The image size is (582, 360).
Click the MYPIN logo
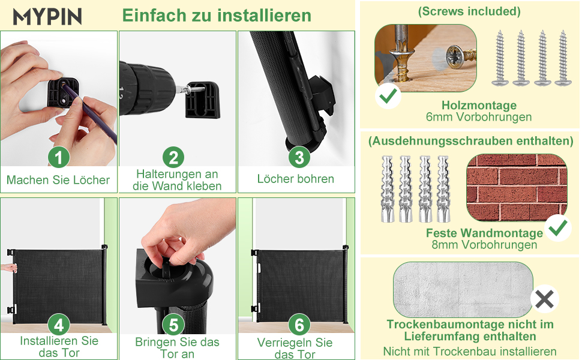[x=47, y=16]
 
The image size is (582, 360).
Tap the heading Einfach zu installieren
[x=217, y=16]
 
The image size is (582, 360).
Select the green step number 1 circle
[x=59, y=157]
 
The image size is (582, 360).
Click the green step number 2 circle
[x=173, y=157]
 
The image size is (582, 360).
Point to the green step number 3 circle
[x=299, y=157]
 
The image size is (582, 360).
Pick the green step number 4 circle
[x=59, y=325]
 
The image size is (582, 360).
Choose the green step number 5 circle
[x=173, y=325]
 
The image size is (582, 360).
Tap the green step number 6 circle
[x=299, y=325]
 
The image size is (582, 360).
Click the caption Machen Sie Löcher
[x=58, y=180]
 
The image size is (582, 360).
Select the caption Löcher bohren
[x=296, y=179]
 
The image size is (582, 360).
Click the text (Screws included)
[x=469, y=11]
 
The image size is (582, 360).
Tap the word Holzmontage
[x=479, y=106]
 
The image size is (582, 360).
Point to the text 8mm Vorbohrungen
[x=484, y=245]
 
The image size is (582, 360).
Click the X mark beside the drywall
[x=545, y=299]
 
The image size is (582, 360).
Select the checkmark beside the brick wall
[x=558, y=228]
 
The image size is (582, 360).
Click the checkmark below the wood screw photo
[x=388, y=95]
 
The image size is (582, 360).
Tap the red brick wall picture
[x=517, y=188]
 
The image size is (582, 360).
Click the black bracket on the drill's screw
[x=203, y=101]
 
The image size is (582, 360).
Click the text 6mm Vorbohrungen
[x=479, y=117]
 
